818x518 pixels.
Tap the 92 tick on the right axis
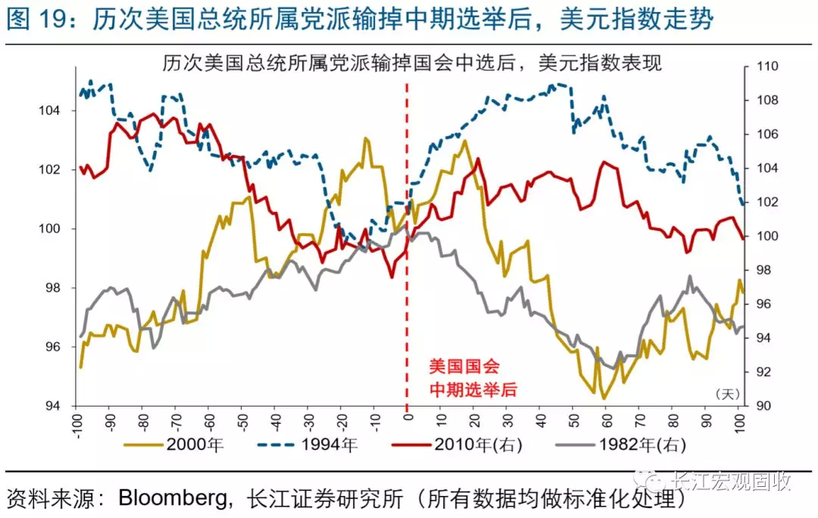761,372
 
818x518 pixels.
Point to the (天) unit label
726,393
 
